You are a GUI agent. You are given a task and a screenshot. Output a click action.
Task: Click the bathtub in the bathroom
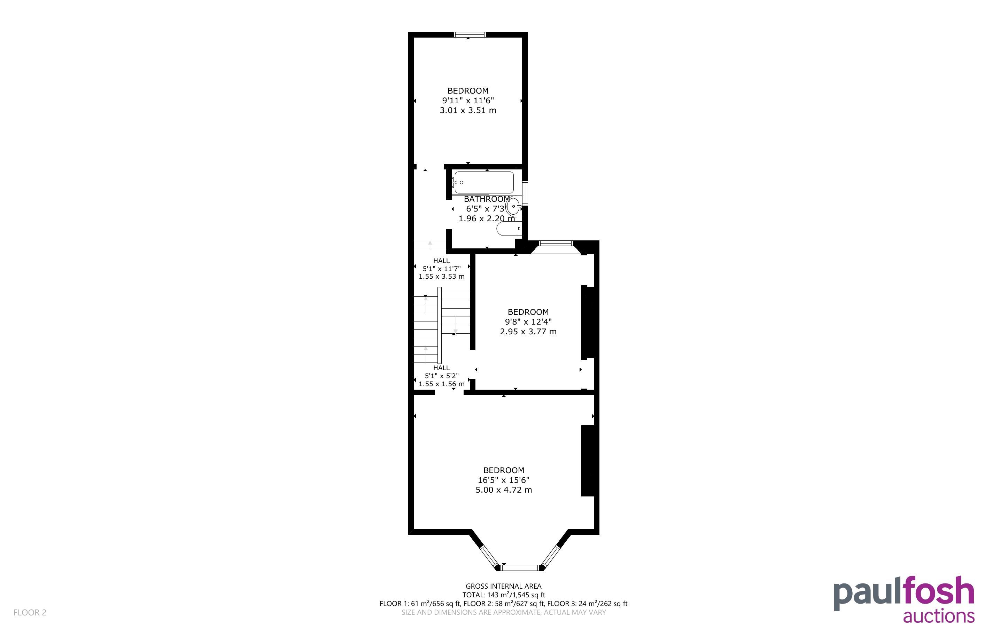[x=484, y=182]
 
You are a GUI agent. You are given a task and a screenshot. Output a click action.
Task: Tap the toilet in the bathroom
[x=509, y=228]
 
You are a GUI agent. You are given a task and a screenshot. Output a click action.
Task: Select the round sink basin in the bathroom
[x=514, y=206]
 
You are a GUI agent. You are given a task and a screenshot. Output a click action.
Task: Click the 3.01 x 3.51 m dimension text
[x=468, y=110]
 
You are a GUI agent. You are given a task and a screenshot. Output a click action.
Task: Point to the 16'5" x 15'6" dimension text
[x=503, y=480]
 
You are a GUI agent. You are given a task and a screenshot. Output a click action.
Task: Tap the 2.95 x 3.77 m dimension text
[x=528, y=332]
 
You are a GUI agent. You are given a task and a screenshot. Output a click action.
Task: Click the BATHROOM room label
[x=487, y=199]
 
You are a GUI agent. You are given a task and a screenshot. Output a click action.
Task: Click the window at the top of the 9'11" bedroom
[x=470, y=35]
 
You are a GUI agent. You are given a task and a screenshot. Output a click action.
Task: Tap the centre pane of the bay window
[x=520, y=567]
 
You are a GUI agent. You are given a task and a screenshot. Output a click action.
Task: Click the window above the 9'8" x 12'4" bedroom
[x=556, y=243]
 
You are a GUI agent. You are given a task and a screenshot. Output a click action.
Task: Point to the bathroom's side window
[x=525, y=193]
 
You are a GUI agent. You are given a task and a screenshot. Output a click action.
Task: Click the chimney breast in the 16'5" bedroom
[x=588, y=461]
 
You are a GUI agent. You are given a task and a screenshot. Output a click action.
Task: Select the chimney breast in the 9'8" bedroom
[x=588, y=323]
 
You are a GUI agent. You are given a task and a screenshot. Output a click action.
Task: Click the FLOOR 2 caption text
[x=30, y=612]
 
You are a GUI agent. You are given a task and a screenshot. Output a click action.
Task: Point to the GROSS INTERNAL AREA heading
[x=503, y=586]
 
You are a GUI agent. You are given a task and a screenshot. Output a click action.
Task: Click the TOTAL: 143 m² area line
[x=503, y=595]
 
